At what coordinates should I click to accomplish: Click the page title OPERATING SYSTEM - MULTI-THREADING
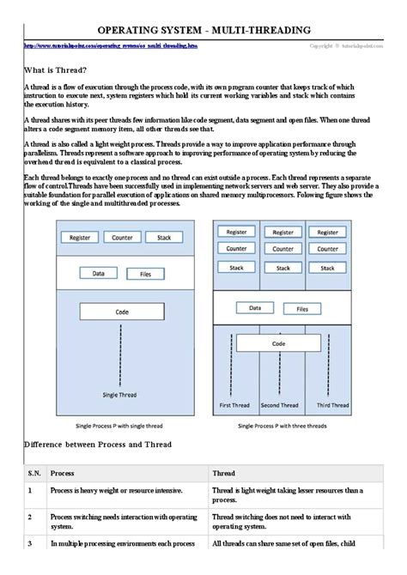pos(203,30)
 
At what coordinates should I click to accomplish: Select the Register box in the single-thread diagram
pos(80,237)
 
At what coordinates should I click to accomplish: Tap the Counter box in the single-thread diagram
pos(121,237)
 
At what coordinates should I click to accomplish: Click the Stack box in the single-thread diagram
pos(163,237)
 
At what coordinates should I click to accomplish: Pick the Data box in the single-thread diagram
pos(99,274)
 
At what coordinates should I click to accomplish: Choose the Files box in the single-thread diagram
pos(144,274)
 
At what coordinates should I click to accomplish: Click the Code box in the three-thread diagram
pos(278,343)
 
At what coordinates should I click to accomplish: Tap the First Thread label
pos(235,404)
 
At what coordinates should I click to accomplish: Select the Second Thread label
pos(279,404)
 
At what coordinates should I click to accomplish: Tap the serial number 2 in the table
pos(29,517)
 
